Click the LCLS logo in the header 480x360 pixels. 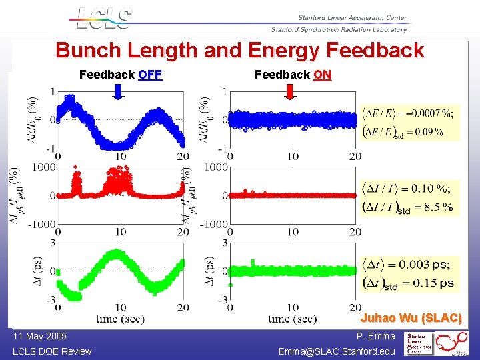(x=103, y=18)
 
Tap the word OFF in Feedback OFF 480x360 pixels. (x=150, y=75)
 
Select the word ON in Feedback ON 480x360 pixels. (x=322, y=75)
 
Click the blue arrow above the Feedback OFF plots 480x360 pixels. (x=117, y=93)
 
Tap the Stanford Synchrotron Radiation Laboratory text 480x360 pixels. (x=339, y=29)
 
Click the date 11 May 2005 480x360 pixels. (x=39, y=336)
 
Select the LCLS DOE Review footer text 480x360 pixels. (x=52, y=351)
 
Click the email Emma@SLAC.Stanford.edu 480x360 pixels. (x=337, y=351)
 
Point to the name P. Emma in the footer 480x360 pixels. (x=375, y=336)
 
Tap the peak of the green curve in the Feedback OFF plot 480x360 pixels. (x=117, y=252)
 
